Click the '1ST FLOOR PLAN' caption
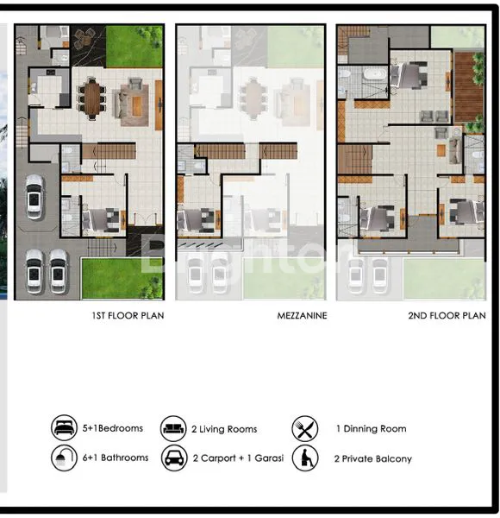pos(128,316)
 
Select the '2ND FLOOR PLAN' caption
pos(447,316)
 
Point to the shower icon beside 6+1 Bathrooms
pos(64,458)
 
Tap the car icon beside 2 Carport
pos(172,458)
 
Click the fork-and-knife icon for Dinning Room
pos(304,428)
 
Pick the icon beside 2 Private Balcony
pos(304,458)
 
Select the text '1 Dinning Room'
pos(371,429)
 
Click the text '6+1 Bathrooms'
pos(116,458)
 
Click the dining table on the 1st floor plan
pos(92,98)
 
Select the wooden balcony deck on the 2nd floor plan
pos(470,86)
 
